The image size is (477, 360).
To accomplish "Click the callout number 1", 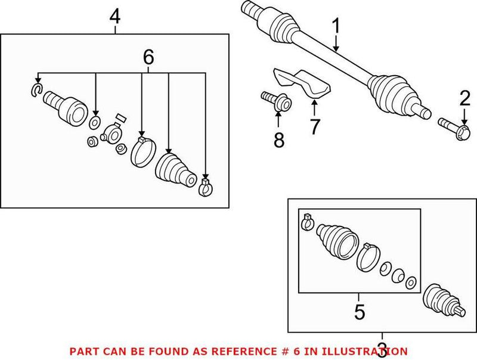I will tap(336, 26).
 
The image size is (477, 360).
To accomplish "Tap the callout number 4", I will tap(114, 16).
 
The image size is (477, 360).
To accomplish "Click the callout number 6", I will tap(148, 57).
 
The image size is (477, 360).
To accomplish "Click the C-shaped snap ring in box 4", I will tap(35, 90).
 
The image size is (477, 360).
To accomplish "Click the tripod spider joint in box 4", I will tap(111, 134).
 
